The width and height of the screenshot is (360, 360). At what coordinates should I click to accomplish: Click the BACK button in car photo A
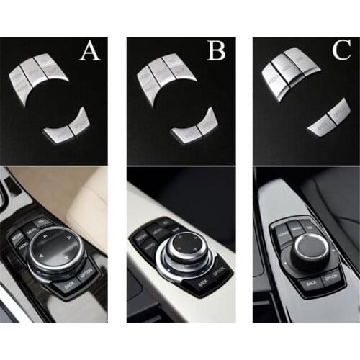tap(70, 286)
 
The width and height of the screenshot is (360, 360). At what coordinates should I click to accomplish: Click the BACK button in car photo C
tap(309, 283)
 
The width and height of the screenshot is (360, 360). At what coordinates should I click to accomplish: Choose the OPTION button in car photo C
tap(330, 277)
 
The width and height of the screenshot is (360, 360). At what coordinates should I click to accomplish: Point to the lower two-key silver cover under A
tap(68, 127)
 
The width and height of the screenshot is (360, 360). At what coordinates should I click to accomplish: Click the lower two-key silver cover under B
tap(194, 128)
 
